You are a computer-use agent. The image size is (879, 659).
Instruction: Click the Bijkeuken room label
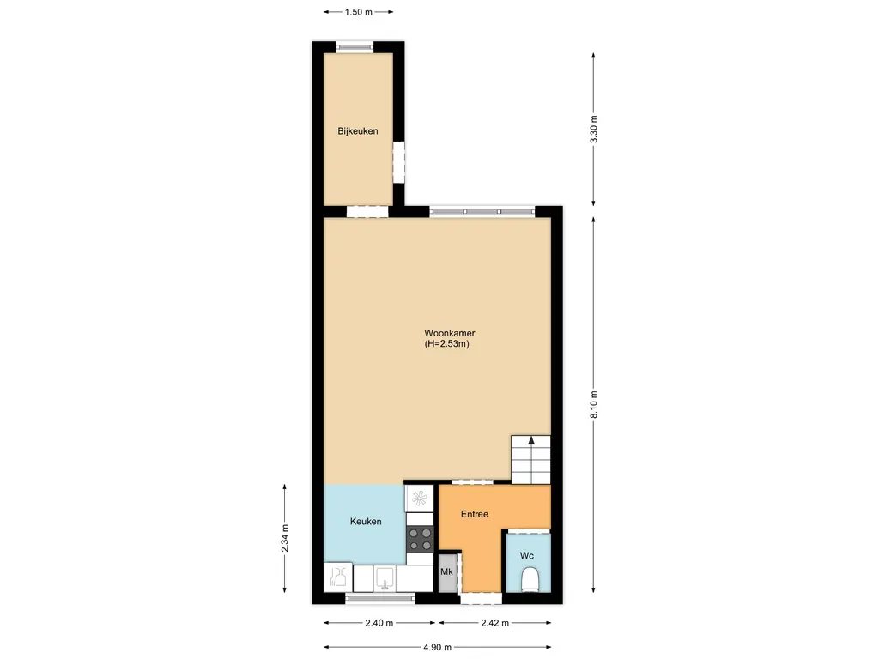point(358,131)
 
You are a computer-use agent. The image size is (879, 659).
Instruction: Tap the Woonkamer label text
point(450,333)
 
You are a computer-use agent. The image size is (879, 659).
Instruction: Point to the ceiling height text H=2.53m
point(450,344)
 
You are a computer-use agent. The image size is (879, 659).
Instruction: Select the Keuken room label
point(366,522)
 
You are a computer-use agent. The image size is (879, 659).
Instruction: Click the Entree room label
point(475,514)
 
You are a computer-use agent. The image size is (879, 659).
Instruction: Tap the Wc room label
point(526,555)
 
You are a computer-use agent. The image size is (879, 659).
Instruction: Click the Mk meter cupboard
point(446,572)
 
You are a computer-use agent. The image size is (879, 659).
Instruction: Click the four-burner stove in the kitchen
point(420,538)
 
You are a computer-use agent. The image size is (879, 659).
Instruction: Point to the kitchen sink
point(385,578)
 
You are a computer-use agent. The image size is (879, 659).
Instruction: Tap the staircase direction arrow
point(531,441)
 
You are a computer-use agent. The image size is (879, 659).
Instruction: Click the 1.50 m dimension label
point(359,12)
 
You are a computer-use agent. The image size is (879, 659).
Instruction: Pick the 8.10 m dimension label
point(594,403)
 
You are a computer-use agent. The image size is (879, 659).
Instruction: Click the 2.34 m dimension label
point(286,537)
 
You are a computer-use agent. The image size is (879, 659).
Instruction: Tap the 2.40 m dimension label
point(379,623)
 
